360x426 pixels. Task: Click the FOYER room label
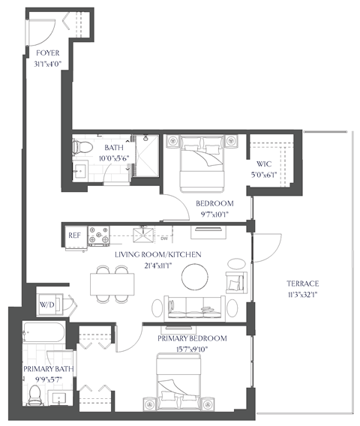(x=48, y=52)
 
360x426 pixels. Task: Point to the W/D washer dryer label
(x=47, y=305)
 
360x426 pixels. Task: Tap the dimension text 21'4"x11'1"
(x=157, y=265)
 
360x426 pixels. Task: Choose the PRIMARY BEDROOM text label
(x=193, y=339)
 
